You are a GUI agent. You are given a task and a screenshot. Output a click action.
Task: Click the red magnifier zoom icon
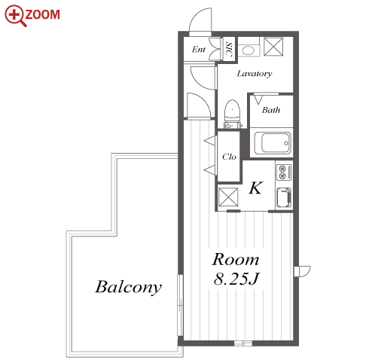tap(15, 16)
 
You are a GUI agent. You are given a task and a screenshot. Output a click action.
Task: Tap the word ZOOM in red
tap(43, 14)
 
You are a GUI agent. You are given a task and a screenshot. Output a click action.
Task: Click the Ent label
tap(199, 50)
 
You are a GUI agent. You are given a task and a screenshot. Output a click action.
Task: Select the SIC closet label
tap(229, 49)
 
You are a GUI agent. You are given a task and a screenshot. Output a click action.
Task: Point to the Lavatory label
tap(255, 74)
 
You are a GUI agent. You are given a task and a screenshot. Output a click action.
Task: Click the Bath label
tap(271, 110)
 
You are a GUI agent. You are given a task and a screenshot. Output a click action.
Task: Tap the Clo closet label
tap(229, 157)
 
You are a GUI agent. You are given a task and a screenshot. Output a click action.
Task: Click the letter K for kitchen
tap(256, 188)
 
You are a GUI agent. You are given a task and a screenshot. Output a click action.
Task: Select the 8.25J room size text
tap(236, 279)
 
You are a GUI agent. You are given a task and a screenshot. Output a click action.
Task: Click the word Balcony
tap(128, 287)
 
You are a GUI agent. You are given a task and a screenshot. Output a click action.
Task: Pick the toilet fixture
tap(232, 114)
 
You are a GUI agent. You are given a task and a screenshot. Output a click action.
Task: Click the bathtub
tap(273, 143)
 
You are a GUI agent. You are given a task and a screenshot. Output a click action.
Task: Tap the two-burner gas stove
tap(284, 172)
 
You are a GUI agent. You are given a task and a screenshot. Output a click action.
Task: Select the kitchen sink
tap(284, 198)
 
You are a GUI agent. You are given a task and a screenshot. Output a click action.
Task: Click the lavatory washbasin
tap(248, 50)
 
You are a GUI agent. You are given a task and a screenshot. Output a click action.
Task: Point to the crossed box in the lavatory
tap(273, 47)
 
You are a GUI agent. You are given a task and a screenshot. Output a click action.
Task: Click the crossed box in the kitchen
tap(228, 197)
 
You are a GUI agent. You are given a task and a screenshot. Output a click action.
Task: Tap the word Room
tap(236, 259)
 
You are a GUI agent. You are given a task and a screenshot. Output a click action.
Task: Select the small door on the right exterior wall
tap(302, 271)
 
